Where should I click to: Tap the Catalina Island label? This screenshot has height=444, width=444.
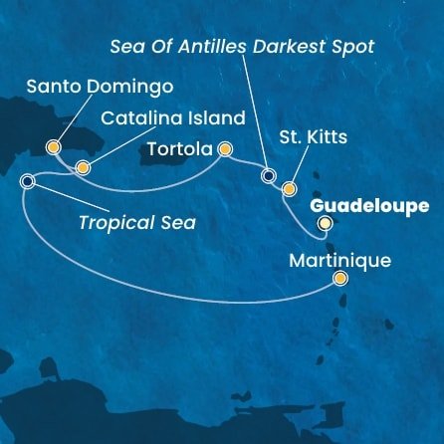(172, 118)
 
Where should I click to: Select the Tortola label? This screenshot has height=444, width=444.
(180, 150)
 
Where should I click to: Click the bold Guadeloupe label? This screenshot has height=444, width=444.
(369, 205)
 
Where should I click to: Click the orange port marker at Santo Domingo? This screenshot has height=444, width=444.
(53, 147)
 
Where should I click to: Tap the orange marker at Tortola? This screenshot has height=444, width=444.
(225, 150)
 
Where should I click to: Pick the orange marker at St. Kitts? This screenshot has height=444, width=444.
(289, 187)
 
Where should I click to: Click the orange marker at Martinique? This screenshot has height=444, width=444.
(340, 280)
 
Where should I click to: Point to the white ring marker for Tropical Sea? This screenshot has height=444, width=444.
(27, 181)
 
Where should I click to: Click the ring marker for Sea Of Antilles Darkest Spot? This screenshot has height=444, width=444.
(267, 176)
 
